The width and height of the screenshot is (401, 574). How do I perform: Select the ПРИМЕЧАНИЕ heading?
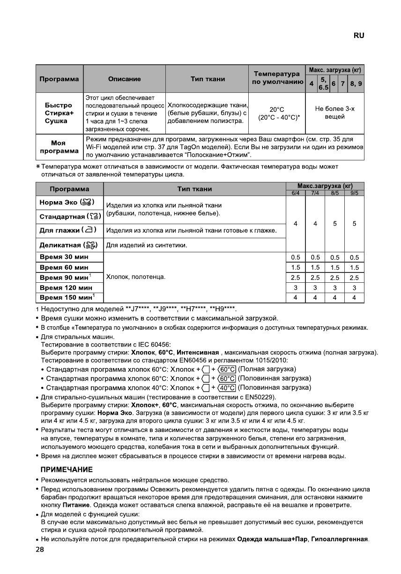[67, 469]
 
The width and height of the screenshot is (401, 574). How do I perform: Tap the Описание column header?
[124, 79]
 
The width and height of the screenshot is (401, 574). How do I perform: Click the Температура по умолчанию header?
[276, 78]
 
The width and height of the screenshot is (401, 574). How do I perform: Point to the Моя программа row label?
[59, 147]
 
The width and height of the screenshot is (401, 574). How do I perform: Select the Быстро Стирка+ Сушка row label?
[59, 113]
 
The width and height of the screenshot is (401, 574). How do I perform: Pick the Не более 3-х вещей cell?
[334, 113]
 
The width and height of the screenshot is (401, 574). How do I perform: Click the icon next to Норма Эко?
[88, 202]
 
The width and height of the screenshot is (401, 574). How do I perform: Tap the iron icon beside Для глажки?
[89, 230]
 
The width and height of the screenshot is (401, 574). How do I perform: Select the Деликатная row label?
[61, 245]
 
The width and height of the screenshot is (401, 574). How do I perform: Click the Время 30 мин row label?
[64, 257]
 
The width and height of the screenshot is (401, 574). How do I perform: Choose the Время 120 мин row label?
[66, 287]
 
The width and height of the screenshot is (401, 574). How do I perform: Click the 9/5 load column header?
[354, 193]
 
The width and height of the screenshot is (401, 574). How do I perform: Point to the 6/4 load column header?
[295, 193]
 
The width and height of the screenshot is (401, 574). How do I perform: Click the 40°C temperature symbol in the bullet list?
[227, 387]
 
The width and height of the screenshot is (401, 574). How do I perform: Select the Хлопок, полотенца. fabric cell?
[136, 277]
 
